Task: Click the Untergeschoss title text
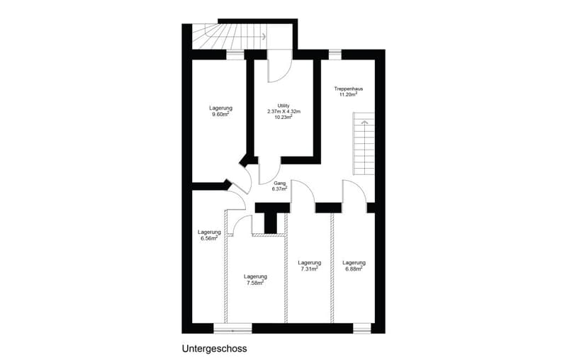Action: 215,349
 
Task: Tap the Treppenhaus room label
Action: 349,89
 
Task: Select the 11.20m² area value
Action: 348,94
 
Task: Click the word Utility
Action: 283,106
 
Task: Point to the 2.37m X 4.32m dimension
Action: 284,111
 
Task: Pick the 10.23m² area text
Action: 283,117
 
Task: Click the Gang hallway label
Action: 280,183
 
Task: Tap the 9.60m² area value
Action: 220,114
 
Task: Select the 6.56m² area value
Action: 209,238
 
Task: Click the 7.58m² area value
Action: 255,283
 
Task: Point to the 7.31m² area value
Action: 310,269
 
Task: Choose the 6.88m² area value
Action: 354,269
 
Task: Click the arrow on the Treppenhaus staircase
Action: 364,123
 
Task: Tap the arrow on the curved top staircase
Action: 264,36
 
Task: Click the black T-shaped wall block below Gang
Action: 271,217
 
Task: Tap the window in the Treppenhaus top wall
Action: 335,55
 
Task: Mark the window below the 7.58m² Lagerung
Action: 233,329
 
